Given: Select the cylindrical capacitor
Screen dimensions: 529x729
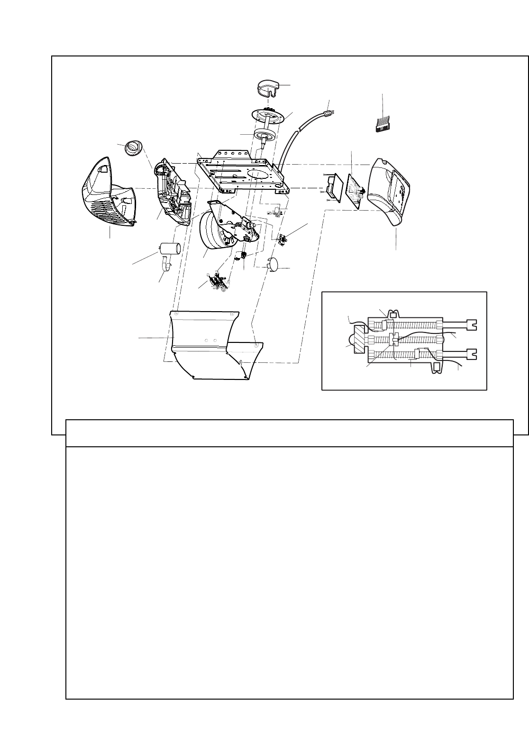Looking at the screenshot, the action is (x=171, y=249).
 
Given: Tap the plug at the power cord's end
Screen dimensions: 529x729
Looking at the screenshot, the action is (x=327, y=113).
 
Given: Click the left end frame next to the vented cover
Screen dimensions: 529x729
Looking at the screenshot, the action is (x=173, y=192).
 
